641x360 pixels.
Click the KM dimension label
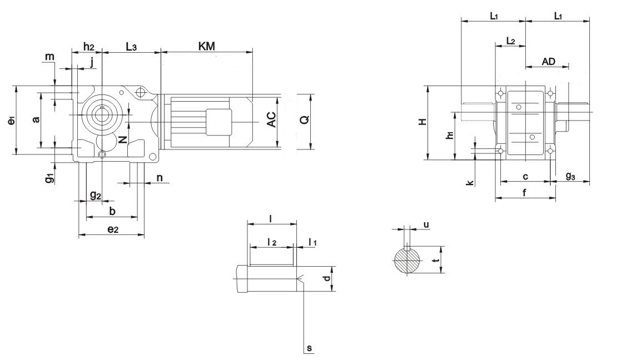(x=206, y=46)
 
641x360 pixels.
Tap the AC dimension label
(x=271, y=119)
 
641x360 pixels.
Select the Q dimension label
(x=305, y=120)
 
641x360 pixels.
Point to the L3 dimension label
(x=131, y=47)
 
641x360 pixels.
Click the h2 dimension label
(x=89, y=47)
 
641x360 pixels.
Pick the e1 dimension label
(x=11, y=121)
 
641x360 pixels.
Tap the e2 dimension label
(x=113, y=229)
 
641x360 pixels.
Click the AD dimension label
(x=548, y=62)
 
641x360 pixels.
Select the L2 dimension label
(x=510, y=41)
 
